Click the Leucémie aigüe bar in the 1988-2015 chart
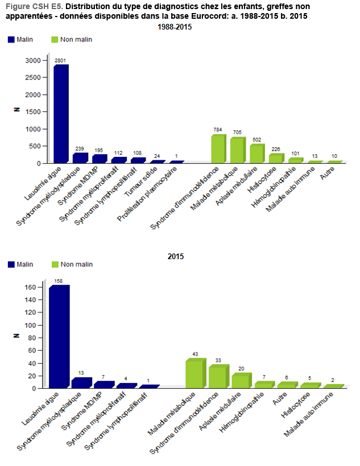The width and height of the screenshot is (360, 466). pos(60,114)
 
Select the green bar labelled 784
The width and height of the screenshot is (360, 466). pos(218,148)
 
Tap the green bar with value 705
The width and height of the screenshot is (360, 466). pos(237,150)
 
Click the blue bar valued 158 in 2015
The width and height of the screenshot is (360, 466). pos(59,336)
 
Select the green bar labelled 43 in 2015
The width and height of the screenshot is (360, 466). pos(194,374)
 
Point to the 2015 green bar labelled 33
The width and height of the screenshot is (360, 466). pos(217,377)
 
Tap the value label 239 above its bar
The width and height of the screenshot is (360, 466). pos(80,148)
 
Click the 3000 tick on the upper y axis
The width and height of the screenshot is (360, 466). pos(34,60)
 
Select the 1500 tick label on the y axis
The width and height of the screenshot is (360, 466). pos(34,112)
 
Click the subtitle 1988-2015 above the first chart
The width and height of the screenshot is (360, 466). pos(176,27)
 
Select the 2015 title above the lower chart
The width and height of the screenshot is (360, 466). pos(176,256)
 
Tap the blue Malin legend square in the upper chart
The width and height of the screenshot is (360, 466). pos(11,39)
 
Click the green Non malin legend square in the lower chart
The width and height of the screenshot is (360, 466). pos(55,264)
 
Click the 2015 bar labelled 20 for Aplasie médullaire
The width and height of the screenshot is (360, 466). pos(239,381)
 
